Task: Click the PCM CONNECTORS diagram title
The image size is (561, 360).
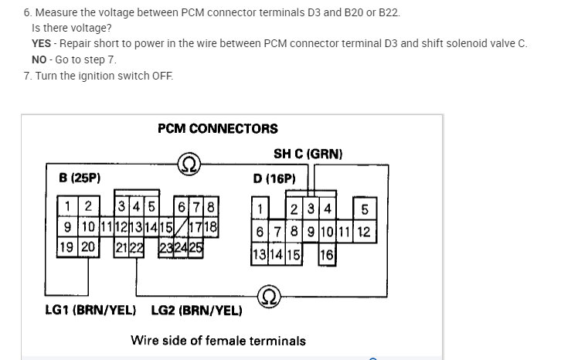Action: [x=217, y=128]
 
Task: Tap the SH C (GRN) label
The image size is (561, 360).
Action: [x=308, y=154]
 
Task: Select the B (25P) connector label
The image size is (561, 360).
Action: [x=80, y=178]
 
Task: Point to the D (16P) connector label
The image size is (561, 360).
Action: [x=274, y=178]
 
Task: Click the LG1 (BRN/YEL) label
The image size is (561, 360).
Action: [x=90, y=311]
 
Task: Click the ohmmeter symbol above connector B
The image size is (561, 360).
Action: [x=189, y=164]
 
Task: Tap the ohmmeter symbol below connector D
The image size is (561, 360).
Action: [x=269, y=296]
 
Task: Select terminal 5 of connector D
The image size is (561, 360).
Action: [x=364, y=209]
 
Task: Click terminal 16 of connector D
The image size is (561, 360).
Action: [x=327, y=254]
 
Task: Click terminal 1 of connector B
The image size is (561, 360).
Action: [x=69, y=205]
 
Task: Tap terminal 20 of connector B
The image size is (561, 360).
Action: [x=89, y=247]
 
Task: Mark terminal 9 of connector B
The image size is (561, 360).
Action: [x=68, y=226]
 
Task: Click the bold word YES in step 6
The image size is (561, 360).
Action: [x=41, y=43]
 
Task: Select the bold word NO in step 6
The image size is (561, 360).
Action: [x=39, y=59]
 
